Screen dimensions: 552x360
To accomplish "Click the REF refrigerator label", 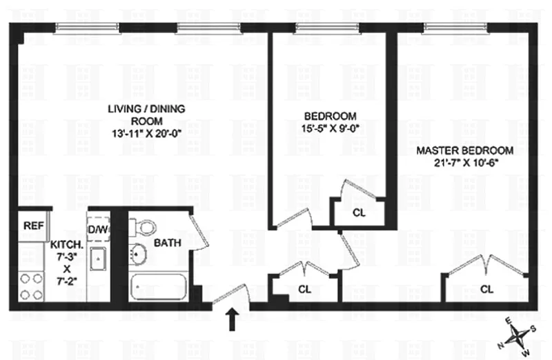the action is tap(34, 226).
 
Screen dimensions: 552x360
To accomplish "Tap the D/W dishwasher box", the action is tap(99, 230).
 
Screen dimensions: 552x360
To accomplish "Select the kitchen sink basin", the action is tap(98, 259).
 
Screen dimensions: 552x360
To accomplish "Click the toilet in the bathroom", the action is tap(144, 227).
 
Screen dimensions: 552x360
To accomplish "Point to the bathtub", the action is tap(158, 286).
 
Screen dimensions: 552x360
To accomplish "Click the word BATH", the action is tap(168, 243).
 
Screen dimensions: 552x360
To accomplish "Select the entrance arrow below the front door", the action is tap(232, 319).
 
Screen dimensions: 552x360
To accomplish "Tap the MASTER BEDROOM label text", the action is tap(464, 150).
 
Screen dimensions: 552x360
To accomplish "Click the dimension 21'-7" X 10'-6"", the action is tap(466, 163).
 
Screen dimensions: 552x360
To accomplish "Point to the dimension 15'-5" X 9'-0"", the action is tap(331, 128).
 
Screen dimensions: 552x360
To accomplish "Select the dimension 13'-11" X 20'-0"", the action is tap(146, 134).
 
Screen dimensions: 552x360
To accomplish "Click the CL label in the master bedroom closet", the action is tap(486, 289).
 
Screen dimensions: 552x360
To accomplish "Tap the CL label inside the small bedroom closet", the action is tap(359, 212).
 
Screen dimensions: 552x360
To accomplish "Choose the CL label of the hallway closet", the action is tap(304, 289).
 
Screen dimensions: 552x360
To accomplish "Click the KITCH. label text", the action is tap(67, 245).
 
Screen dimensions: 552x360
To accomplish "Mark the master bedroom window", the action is tap(456, 28).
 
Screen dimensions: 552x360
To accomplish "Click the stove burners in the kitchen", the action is tap(31, 286).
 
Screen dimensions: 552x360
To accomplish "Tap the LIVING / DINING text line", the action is tap(146, 109).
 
